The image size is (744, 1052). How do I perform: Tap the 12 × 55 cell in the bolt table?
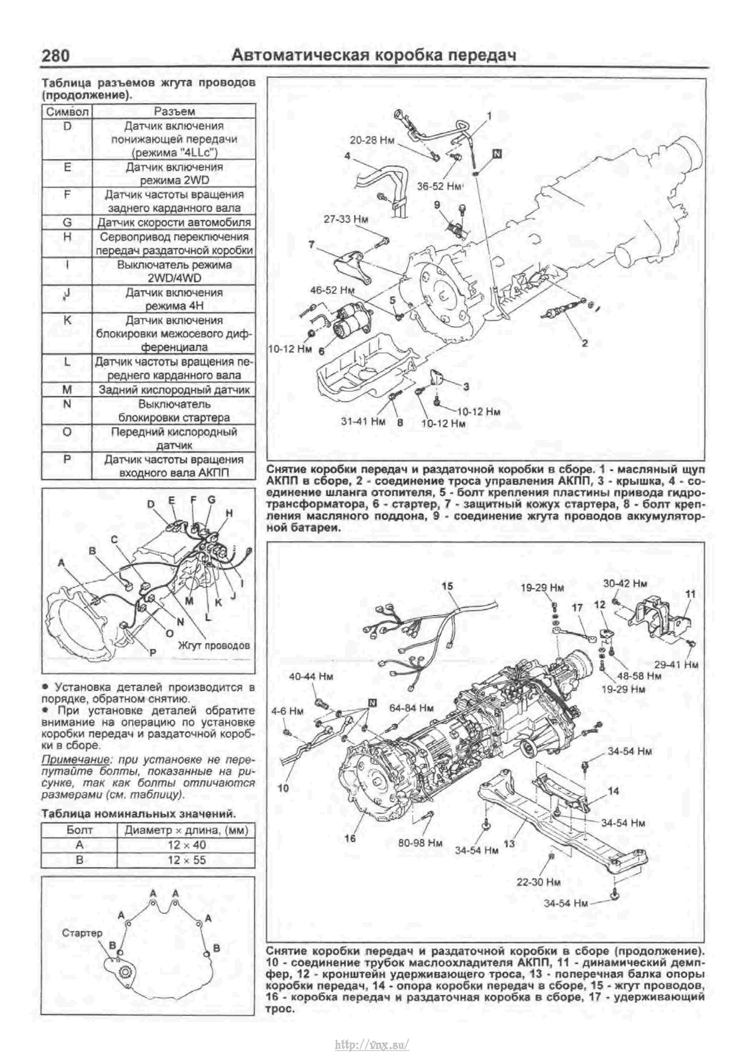(x=186, y=860)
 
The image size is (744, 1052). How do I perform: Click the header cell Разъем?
(x=174, y=111)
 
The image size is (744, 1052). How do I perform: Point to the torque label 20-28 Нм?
(x=372, y=140)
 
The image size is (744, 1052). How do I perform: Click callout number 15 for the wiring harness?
(x=447, y=586)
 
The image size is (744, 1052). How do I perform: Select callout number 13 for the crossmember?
(x=509, y=843)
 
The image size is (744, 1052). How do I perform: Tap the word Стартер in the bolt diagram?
(x=82, y=933)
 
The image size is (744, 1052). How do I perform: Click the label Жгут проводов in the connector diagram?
(x=214, y=646)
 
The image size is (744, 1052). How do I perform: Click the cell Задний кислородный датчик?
(x=174, y=390)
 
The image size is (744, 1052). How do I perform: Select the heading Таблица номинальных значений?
(x=139, y=814)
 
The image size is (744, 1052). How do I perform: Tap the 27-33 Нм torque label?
(x=346, y=219)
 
